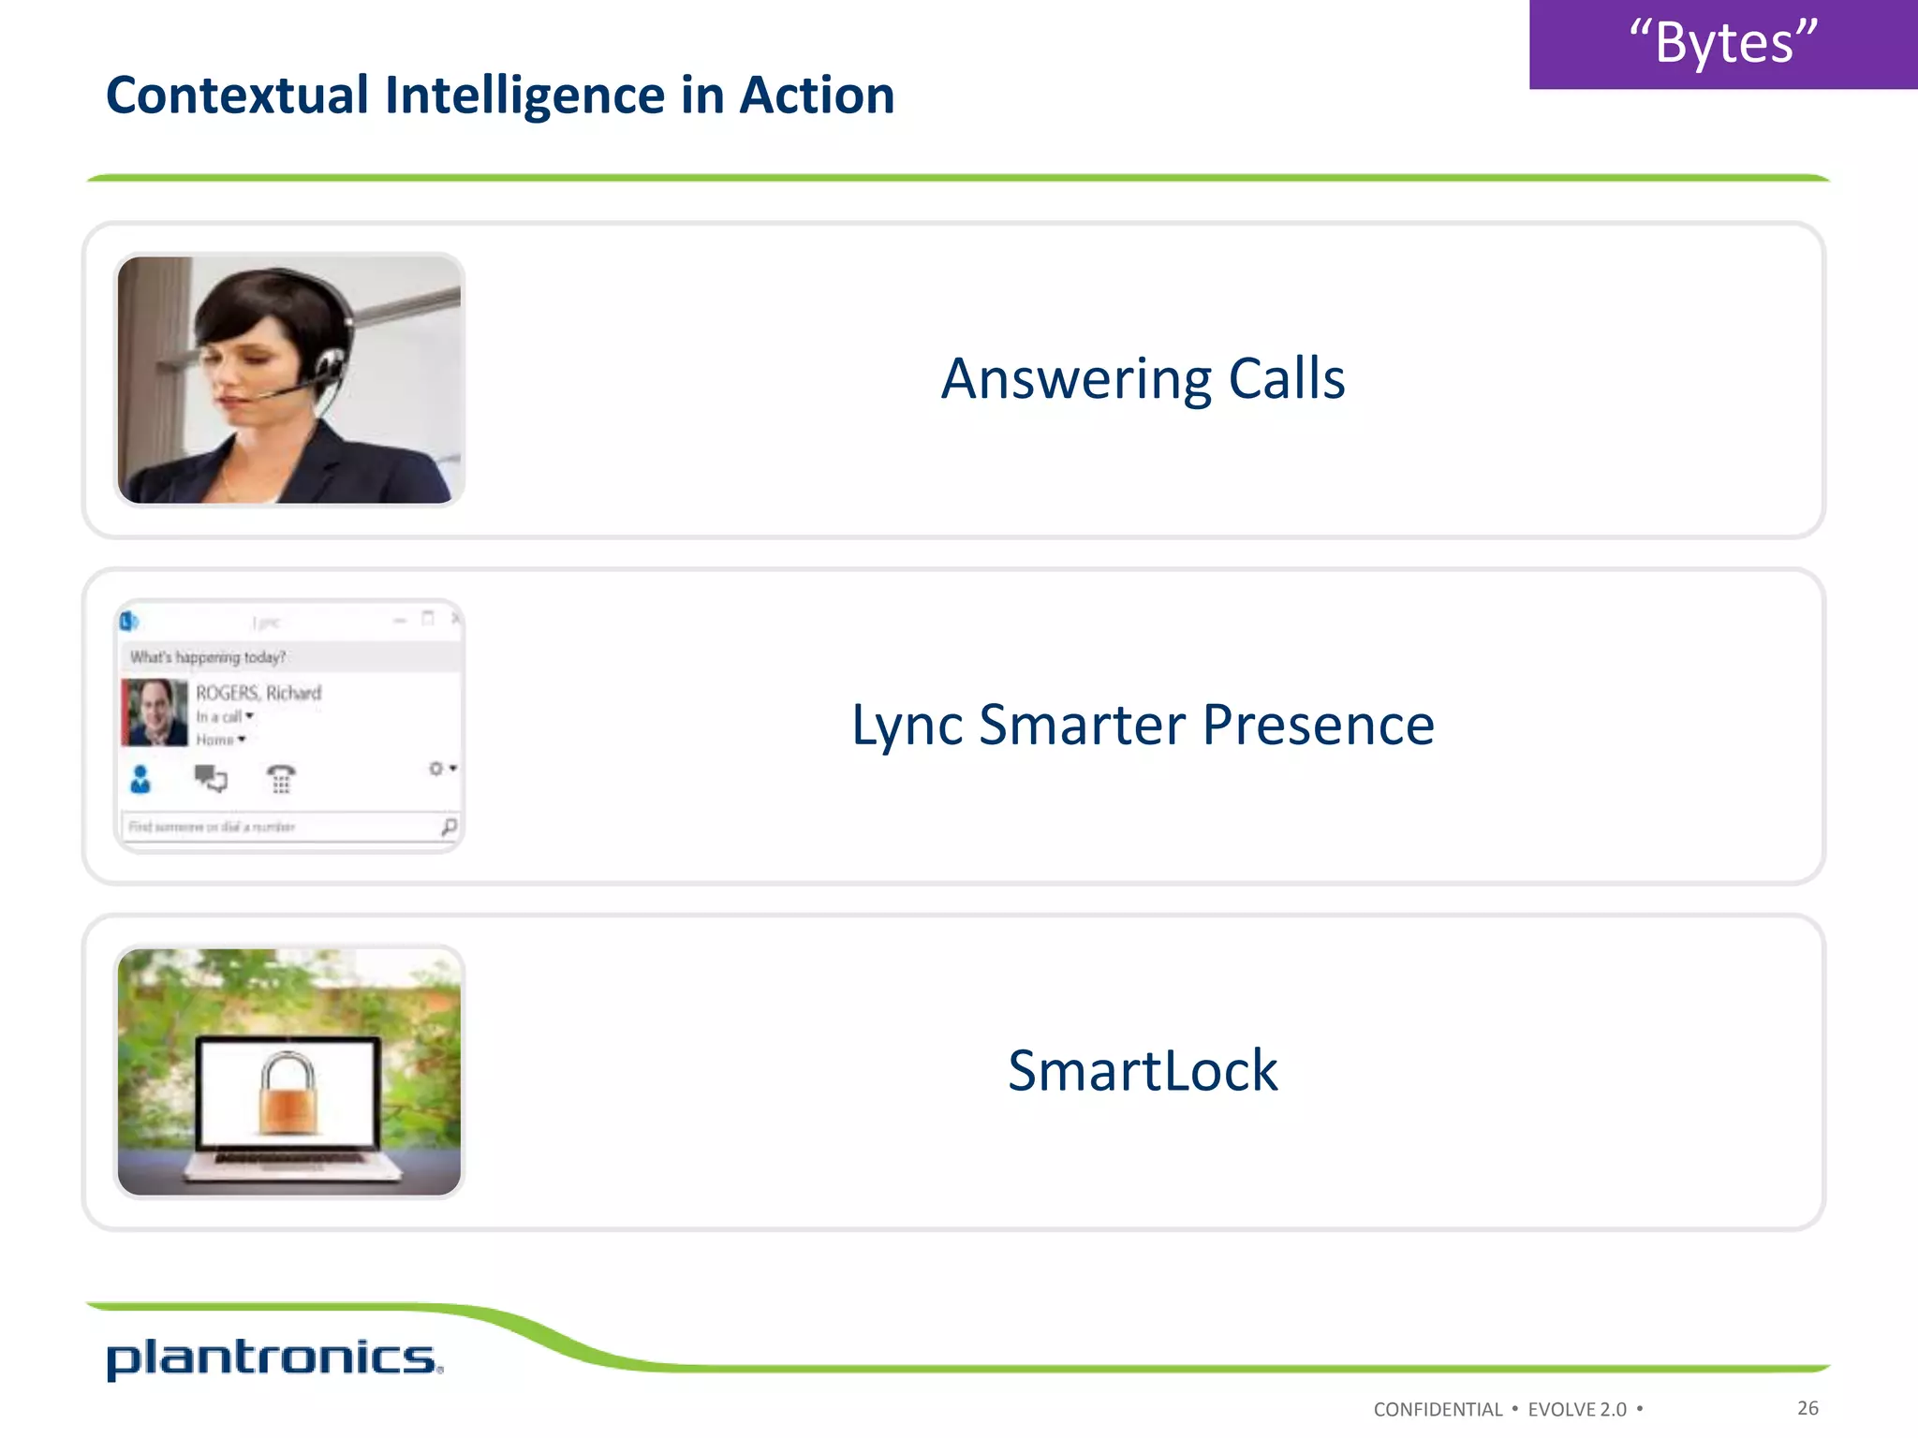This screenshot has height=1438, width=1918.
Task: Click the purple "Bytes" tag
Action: coord(1722,44)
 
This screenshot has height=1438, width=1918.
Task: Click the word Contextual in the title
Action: coord(237,95)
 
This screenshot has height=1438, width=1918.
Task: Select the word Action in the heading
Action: coord(817,95)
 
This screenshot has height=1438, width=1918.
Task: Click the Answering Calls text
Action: coord(1143,379)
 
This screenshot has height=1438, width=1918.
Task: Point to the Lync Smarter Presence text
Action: coord(1143,725)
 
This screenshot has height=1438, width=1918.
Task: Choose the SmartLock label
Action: coord(1143,1071)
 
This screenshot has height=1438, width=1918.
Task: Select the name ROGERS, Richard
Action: coord(258,693)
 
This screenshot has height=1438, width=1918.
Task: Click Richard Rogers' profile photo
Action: coord(155,712)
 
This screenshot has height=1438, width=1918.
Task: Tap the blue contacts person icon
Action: coord(140,779)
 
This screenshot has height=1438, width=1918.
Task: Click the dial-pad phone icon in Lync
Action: coord(281,778)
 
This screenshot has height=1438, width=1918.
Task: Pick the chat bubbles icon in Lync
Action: coord(211,778)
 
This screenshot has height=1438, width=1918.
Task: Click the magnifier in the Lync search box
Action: coord(449,827)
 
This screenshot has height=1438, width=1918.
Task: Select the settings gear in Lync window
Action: coord(436,769)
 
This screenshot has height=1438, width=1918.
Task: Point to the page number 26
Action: coord(1807,1408)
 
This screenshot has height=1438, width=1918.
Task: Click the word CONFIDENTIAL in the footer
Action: coord(1438,1410)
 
